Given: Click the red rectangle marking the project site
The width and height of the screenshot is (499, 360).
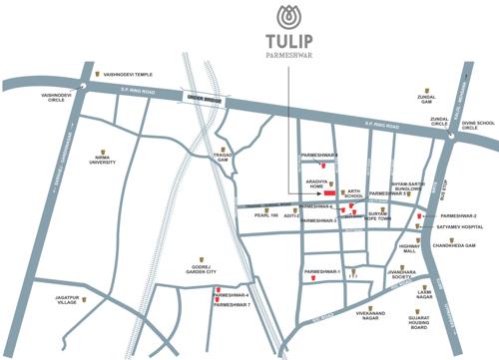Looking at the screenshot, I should pyautogui.click(x=330, y=192).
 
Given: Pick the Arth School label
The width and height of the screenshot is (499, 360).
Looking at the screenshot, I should pyautogui.click(x=354, y=195).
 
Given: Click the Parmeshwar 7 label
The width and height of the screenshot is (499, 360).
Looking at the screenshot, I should pyautogui.click(x=235, y=304).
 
